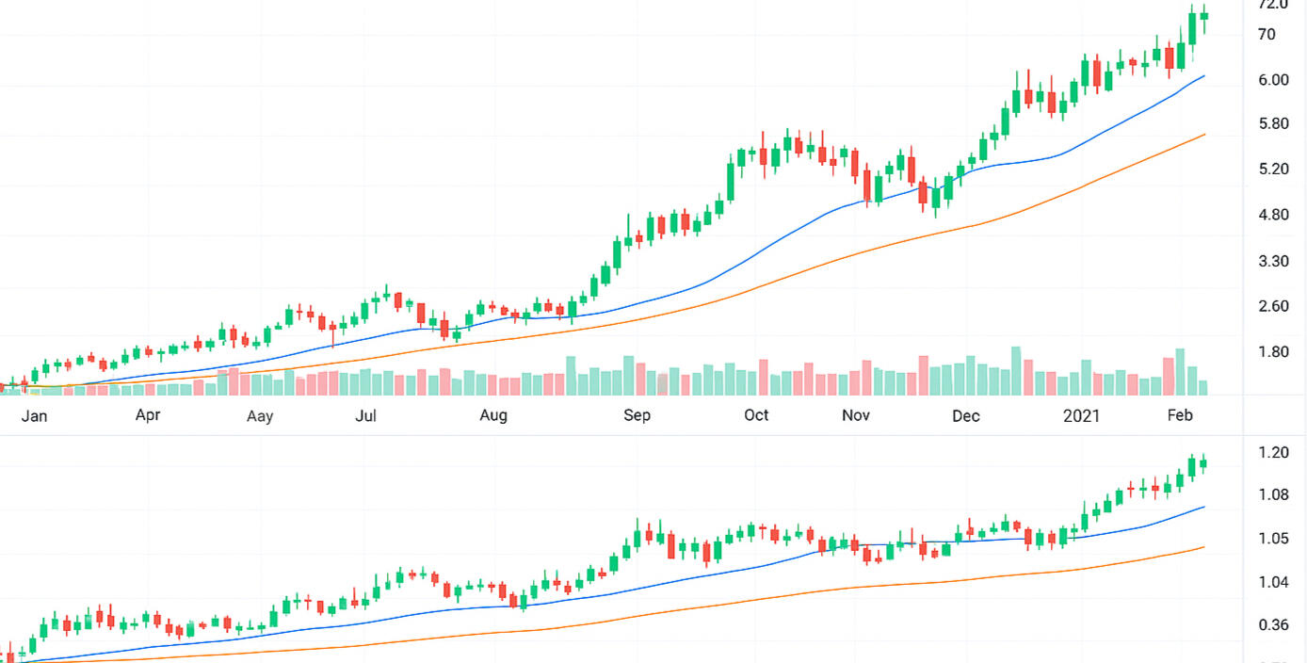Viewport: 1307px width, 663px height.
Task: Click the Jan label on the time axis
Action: point(34,415)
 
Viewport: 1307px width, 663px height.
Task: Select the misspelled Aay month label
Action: point(260,416)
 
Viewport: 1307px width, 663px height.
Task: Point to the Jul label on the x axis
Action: point(365,415)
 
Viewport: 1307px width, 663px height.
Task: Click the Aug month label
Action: point(492,415)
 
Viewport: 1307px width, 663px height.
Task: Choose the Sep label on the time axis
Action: point(637,415)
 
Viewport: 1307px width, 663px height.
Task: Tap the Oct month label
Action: point(756,415)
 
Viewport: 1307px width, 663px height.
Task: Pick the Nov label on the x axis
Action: point(855,415)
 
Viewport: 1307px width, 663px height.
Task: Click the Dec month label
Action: point(966,415)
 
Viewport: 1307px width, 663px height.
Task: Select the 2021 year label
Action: point(1081,415)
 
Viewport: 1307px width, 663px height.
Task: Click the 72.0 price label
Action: point(1273,6)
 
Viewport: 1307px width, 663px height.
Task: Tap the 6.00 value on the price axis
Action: point(1273,80)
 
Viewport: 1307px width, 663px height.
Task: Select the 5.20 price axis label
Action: point(1273,170)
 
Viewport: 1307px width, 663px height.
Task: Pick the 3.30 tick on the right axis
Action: point(1273,261)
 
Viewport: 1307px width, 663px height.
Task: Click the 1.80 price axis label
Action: point(1273,352)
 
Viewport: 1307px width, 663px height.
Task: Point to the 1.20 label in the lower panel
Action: point(1273,452)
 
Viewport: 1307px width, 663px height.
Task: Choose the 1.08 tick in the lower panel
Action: point(1273,494)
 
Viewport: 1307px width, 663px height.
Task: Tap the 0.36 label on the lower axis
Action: point(1273,624)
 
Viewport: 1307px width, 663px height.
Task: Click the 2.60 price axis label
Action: point(1273,306)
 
